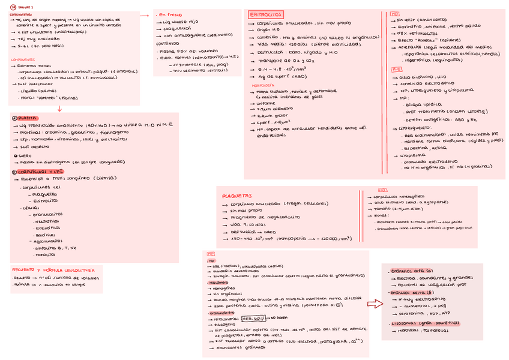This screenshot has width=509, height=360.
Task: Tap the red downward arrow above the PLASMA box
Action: (x=59, y=108)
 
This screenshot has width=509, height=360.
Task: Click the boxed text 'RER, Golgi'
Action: (x=253, y=318)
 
